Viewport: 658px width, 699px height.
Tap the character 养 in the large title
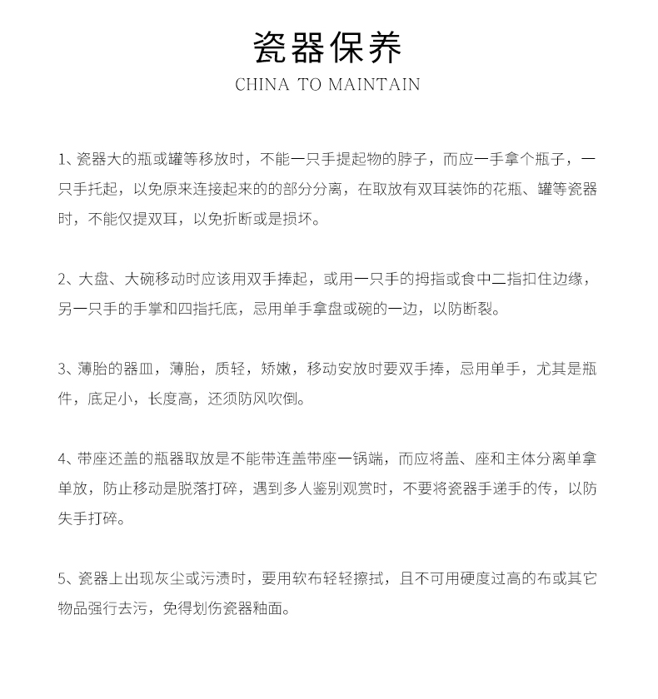(x=385, y=47)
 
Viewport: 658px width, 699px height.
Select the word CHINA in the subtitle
(x=262, y=84)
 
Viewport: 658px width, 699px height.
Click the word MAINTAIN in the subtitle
(x=374, y=84)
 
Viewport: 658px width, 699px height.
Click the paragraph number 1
(x=62, y=159)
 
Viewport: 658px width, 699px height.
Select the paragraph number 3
(x=62, y=369)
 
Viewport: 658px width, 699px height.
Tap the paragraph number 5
(x=62, y=578)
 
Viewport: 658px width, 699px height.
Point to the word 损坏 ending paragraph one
(x=302, y=220)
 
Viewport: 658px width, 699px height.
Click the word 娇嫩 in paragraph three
(x=276, y=369)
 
